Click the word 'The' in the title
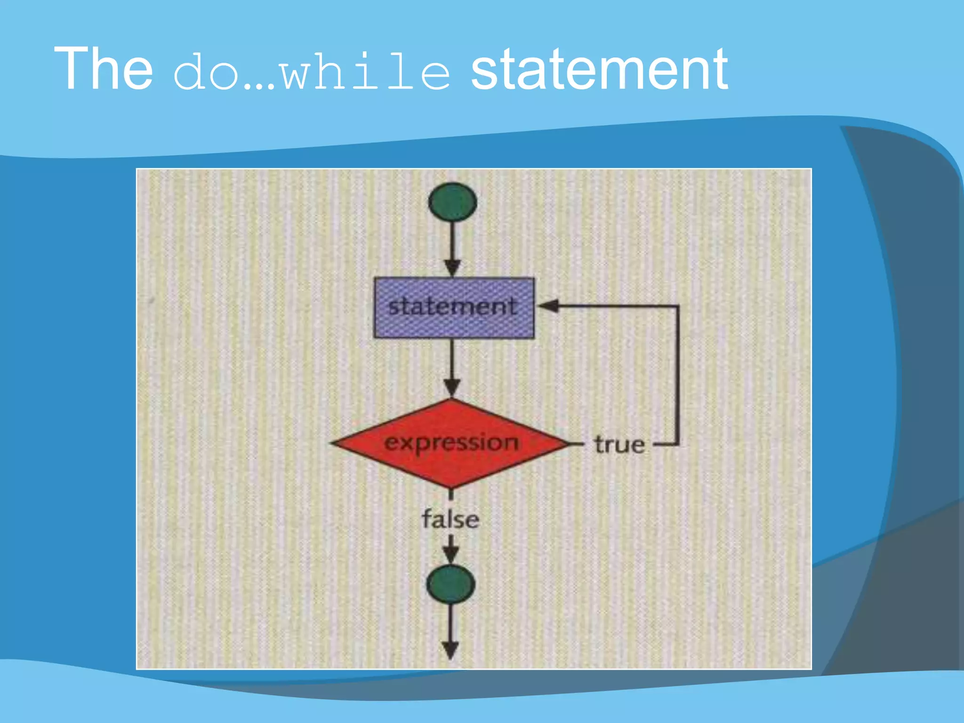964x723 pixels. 104,69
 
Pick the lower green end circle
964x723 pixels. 451,584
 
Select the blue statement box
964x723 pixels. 454,308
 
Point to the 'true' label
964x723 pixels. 619,445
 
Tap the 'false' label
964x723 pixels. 450,520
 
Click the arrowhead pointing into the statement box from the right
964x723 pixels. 548,306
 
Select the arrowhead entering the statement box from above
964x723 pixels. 452,268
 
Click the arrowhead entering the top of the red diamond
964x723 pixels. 452,388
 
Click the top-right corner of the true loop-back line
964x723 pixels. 678,306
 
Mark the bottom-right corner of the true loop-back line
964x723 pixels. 678,444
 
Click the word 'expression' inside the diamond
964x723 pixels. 451,442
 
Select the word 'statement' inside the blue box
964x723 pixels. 453,307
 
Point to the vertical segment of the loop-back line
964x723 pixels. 678,377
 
